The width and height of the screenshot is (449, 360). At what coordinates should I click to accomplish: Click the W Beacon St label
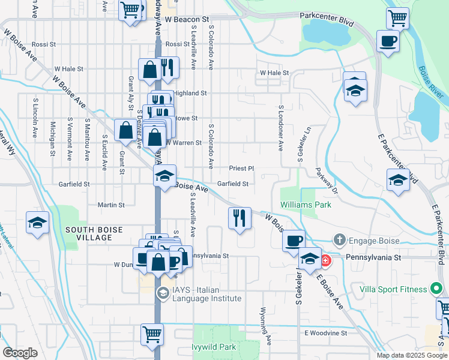[190, 20]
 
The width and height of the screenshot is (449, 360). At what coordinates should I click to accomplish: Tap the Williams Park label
[306, 205]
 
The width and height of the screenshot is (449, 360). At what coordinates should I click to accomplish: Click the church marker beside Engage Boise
[340, 240]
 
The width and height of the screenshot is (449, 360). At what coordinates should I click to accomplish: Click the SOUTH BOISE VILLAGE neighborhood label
[94, 233]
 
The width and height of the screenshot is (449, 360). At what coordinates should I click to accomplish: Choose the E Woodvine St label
[326, 332]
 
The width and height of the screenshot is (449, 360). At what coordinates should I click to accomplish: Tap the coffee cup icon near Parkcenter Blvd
[388, 41]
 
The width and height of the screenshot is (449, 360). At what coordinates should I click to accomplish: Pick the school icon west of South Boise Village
[37, 223]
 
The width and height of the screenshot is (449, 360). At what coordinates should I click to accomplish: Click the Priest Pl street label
[242, 169]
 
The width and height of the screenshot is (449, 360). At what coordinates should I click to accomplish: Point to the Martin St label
[111, 205]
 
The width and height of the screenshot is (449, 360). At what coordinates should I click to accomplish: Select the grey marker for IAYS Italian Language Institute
[162, 293]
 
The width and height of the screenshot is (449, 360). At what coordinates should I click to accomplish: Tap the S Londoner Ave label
[280, 128]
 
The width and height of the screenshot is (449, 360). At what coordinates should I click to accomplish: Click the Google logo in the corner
[20, 353]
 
